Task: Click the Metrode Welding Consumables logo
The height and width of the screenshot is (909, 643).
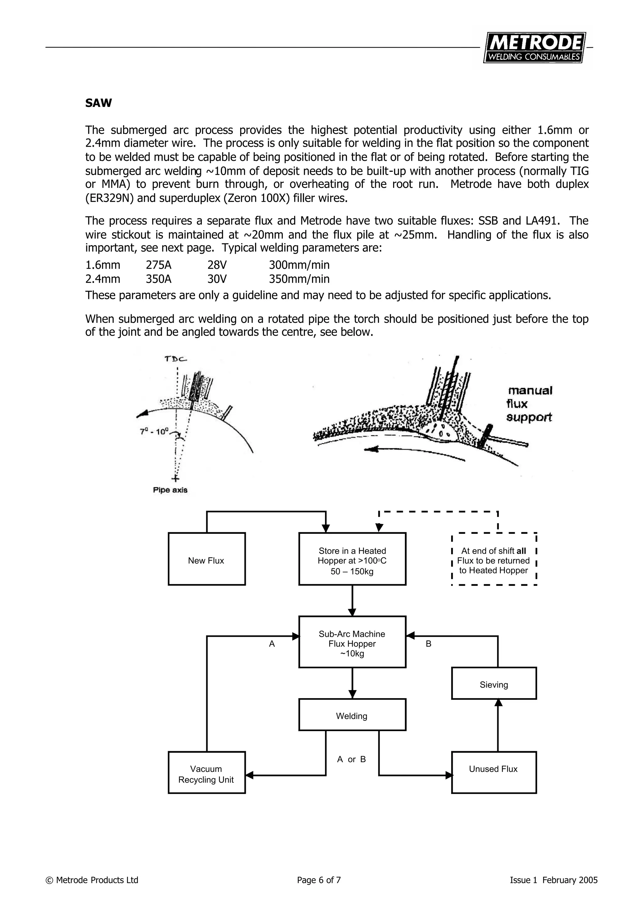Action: pyautogui.click(x=534, y=47)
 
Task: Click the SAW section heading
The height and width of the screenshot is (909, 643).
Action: pyautogui.click(x=98, y=103)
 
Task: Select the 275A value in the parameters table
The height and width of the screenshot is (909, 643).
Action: pyautogui.click(x=159, y=265)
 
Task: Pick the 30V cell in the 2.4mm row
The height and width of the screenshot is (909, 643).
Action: pyautogui.click(x=217, y=279)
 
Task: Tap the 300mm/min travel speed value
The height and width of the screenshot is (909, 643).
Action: pyautogui.click(x=299, y=265)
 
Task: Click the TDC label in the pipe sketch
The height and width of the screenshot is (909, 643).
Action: pyautogui.click(x=176, y=359)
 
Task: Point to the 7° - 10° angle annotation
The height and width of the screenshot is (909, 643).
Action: pyautogui.click(x=154, y=431)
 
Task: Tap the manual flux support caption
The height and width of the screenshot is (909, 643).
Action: pyautogui.click(x=530, y=404)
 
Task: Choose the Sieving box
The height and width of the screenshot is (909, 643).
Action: pyautogui.click(x=494, y=684)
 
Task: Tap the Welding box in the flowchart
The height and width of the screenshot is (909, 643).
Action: pyautogui.click(x=352, y=716)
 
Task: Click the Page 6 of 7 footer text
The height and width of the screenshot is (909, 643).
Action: pyautogui.click(x=319, y=891)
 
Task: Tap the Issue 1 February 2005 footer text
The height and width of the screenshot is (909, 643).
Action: pyautogui.click(x=554, y=891)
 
